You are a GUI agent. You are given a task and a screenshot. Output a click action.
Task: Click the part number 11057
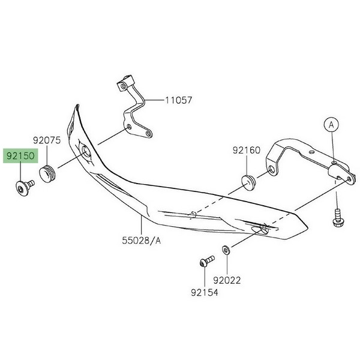(179, 100)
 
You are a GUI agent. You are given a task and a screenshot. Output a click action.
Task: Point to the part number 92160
(247, 150)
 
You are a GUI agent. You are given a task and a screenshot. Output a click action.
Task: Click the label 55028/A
(142, 241)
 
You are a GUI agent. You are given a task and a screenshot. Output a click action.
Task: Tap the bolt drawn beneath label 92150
(22, 190)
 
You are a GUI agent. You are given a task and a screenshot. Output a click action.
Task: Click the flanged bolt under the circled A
(338, 215)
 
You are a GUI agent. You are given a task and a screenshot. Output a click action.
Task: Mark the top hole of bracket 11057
(123, 86)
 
